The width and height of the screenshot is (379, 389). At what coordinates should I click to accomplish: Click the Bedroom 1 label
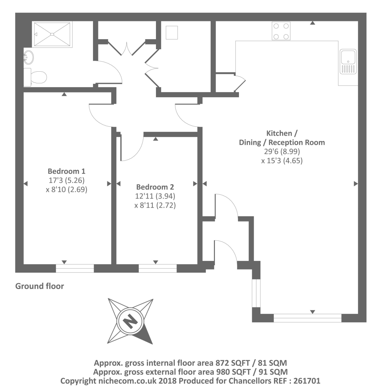66,171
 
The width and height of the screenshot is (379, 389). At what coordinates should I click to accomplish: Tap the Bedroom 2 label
155,187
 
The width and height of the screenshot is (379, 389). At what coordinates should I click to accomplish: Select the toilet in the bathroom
35,77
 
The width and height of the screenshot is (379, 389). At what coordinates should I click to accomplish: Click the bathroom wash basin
29,57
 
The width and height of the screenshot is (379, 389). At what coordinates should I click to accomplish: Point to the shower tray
52,34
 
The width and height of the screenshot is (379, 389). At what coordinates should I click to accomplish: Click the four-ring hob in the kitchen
281,31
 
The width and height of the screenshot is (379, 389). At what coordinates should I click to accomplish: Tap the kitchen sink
348,61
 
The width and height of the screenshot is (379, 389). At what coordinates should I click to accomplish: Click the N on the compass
130,322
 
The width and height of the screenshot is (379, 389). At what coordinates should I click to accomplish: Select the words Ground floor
40,286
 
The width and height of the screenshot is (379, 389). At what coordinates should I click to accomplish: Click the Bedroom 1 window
75,268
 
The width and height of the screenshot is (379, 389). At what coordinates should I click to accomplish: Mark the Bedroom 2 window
158,268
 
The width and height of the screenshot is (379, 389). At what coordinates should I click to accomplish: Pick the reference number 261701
307,381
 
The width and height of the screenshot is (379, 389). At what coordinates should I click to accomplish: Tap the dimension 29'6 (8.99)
282,151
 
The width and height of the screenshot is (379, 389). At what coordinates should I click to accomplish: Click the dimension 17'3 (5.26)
66,180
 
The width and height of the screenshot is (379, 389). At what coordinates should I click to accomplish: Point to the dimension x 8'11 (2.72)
155,205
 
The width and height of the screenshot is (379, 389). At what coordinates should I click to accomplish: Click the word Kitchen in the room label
279,133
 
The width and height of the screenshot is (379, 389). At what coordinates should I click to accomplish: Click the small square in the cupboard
172,33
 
